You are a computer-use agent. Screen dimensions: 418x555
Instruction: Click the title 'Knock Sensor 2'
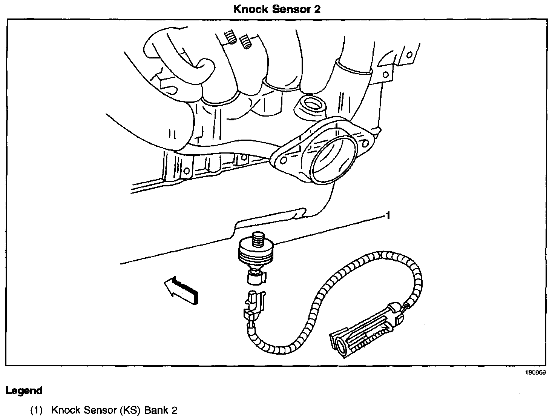coord(277,9)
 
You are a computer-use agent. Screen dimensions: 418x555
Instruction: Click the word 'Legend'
coord(24,391)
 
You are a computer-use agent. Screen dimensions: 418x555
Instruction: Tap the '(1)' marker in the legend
coord(37,410)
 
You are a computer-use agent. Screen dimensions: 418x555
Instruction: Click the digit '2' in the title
coord(317,9)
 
